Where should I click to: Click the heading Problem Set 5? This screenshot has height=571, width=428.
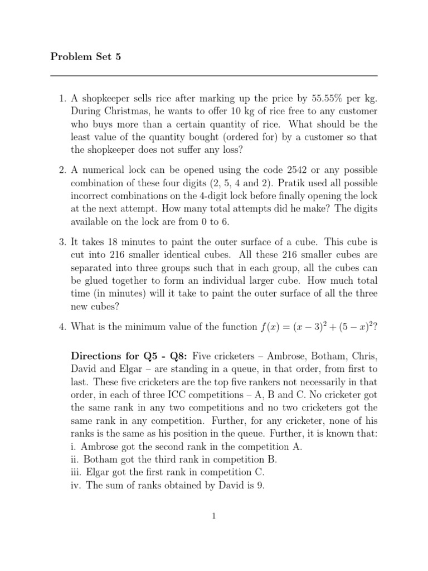(x=85, y=56)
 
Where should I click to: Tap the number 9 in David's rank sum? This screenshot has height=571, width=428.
(x=259, y=485)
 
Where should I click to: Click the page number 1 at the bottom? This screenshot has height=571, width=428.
(x=213, y=516)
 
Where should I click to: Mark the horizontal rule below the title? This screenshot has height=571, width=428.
(x=213, y=75)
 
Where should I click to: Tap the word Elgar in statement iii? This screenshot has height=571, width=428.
(x=98, y=472)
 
